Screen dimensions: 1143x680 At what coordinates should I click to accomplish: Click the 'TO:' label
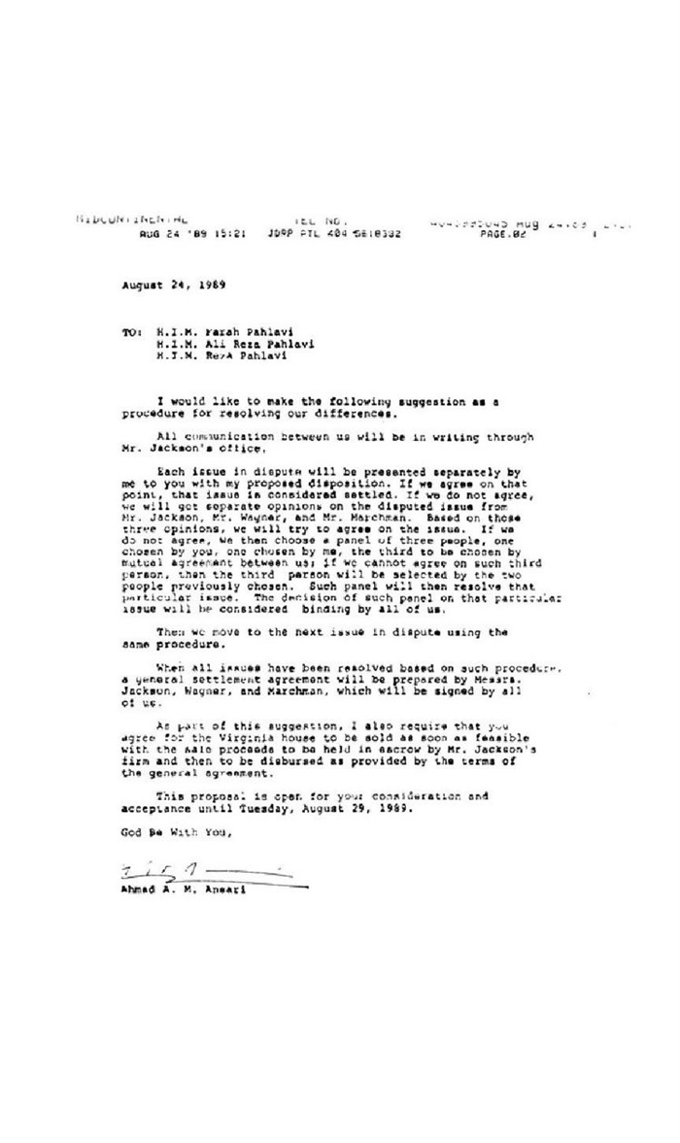132,332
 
